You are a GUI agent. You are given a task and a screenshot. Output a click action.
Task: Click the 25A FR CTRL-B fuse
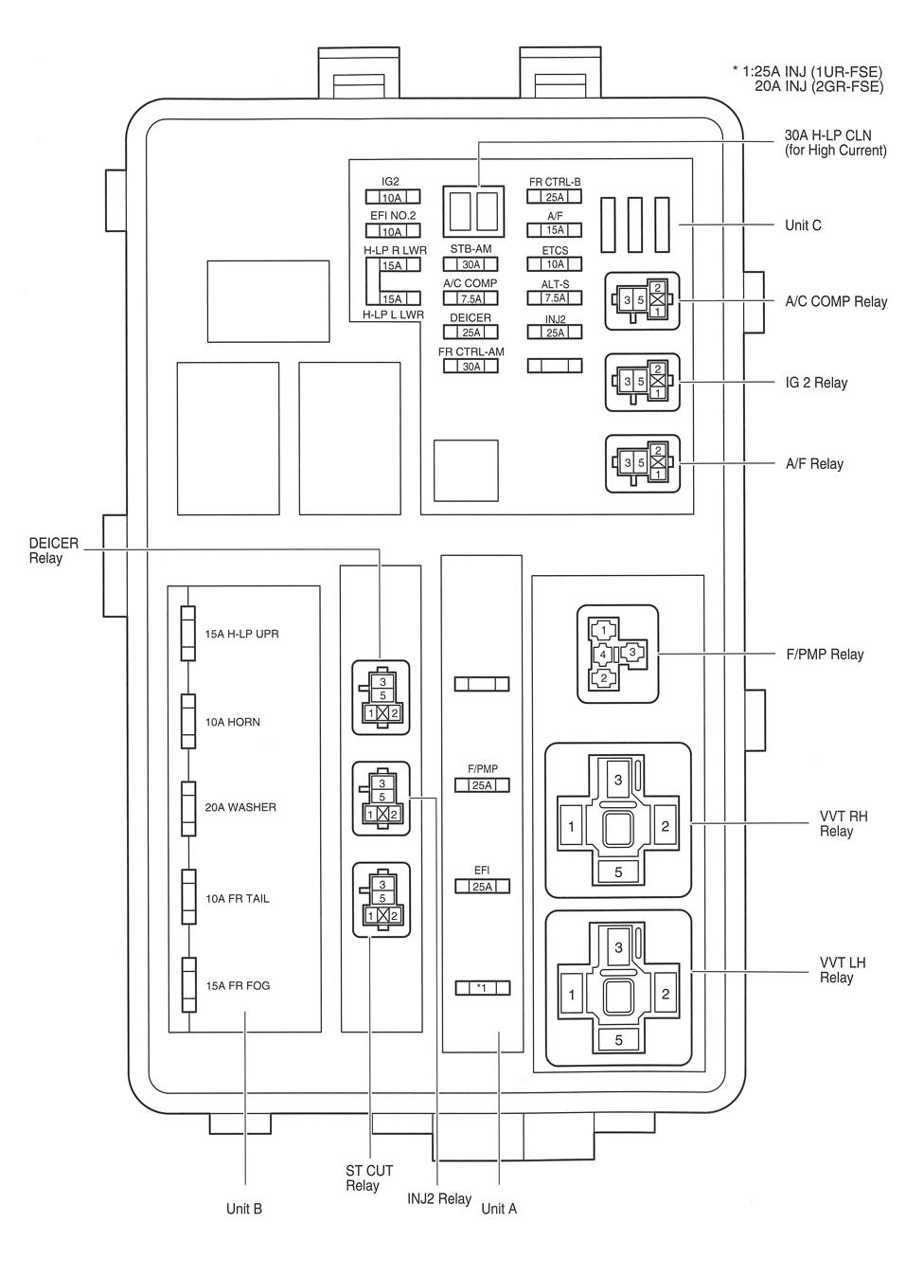[x=554, y=197]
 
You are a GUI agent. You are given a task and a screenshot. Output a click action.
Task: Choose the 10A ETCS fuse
[x=554, y=264]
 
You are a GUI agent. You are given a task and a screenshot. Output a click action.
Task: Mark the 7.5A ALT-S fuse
[x=554, y=297]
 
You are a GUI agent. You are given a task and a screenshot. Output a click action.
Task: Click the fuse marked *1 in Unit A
[x=482, y=988]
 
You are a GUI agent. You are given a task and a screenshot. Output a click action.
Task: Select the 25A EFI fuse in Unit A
[x=482, y=887]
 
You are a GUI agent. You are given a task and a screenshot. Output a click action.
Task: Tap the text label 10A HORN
[x=233, y=722]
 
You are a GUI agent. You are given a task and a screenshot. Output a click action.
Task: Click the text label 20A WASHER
[x=240, y=807]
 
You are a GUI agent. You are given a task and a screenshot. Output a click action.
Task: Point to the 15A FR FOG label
[x=238, y=985]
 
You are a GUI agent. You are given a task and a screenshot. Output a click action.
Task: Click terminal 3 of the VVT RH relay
[x=618, y=780]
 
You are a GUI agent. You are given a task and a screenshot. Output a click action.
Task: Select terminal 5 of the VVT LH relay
[x=618, y=1039]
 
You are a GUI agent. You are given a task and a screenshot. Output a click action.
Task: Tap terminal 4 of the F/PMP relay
[x=602, y=654]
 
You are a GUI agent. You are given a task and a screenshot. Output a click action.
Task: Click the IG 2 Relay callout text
[x=816, y=383]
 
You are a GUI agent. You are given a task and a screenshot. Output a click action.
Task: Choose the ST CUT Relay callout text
[x=369, y=1178]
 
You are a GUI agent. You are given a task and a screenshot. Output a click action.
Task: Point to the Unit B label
[x=244, y=1209]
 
